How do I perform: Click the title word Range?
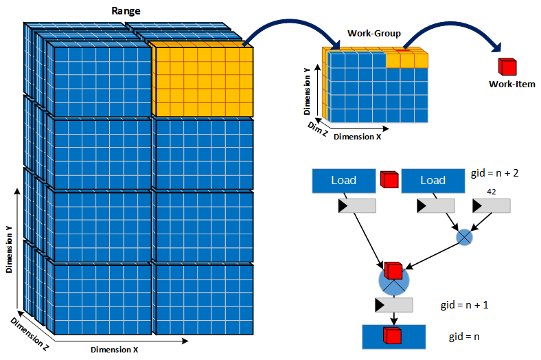tap(126, 11)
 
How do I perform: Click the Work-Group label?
tap(374, 33)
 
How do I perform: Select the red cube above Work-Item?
tap(507, 67)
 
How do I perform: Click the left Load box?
tap(343, 181)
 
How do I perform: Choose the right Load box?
tap(433, 181)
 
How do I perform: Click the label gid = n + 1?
tap(463, 304)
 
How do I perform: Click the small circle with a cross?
tap(465, 237)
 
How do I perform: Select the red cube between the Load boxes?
tap(389, 180)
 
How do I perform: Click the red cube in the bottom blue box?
tap(393, 337)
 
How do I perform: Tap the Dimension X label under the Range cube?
tap(114, 350)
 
